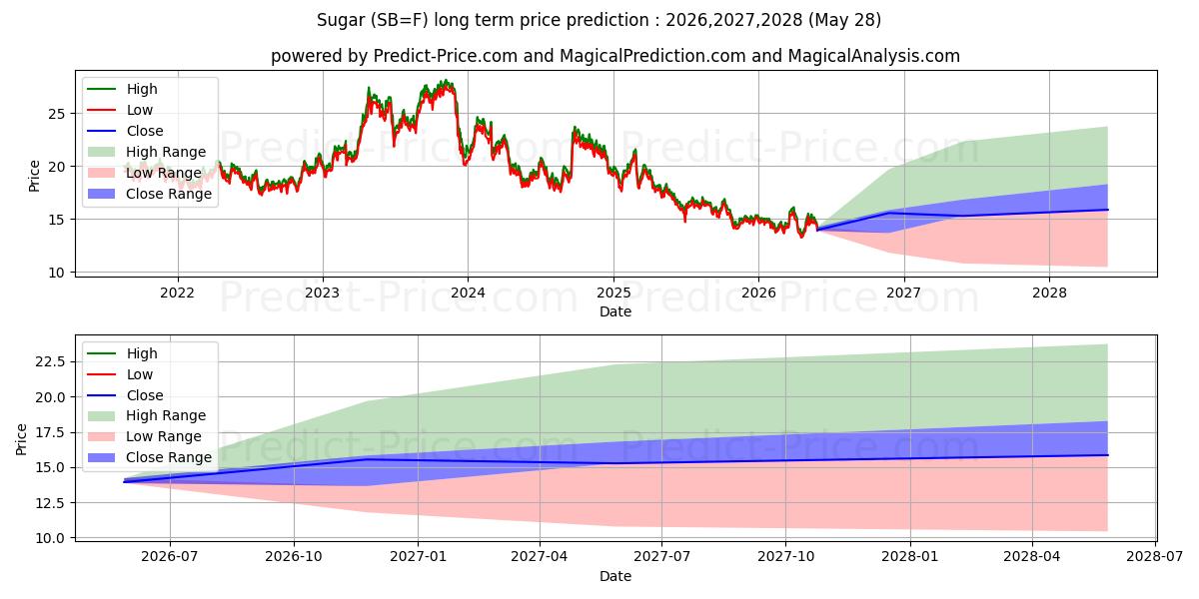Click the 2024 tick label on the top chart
coord(468,294)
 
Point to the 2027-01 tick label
coord(418,557)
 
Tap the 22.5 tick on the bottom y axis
coord(50,362)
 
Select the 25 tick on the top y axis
coord(57,114)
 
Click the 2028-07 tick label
coord(1155,557)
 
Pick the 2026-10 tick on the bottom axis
coord(294,557)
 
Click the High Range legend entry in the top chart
coord(147,152)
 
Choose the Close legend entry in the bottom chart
coord(125,395)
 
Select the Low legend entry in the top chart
coord(120,110)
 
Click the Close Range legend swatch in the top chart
coord(101,194)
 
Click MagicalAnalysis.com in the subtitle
coord(874,56)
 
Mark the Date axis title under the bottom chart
coord(615,576)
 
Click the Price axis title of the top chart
coord(34,176)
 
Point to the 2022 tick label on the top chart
coord(178,294)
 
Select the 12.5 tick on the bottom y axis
coord(50,503)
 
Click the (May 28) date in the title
coord(844,20)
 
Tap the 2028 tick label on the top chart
coord(1050,294)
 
